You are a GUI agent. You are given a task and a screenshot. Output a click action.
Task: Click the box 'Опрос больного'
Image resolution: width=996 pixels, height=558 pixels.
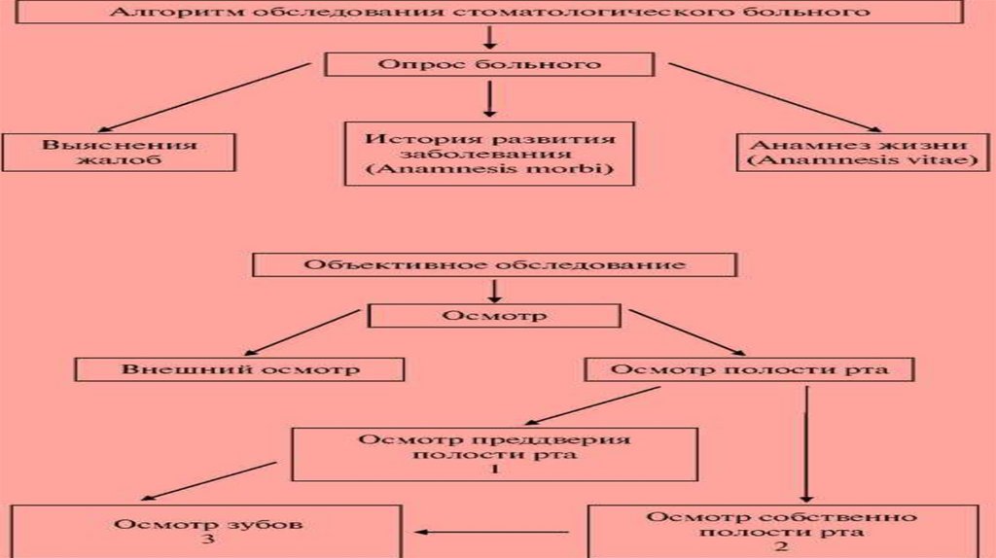(489, 64)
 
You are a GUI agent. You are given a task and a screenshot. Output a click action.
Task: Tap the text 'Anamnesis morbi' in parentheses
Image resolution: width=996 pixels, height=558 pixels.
(489, 168)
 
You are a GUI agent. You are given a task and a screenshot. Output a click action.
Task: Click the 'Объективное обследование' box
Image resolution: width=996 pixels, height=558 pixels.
(494, 264)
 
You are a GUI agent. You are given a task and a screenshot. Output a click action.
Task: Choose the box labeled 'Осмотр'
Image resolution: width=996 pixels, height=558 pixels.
(494, 317)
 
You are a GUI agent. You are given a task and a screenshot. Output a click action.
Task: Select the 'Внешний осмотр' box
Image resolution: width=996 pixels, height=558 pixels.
(240, 369)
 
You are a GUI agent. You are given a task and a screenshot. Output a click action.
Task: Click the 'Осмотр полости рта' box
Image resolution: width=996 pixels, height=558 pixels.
(749, 369)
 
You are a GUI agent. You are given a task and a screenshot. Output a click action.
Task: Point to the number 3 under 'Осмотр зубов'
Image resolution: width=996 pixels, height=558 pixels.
(206, 541)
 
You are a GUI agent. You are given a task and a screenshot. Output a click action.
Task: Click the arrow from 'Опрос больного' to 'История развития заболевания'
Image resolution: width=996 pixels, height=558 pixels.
(489, 98)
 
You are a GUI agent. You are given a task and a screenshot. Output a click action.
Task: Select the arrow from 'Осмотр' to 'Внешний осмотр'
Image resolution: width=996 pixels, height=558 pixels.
(302, 332)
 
